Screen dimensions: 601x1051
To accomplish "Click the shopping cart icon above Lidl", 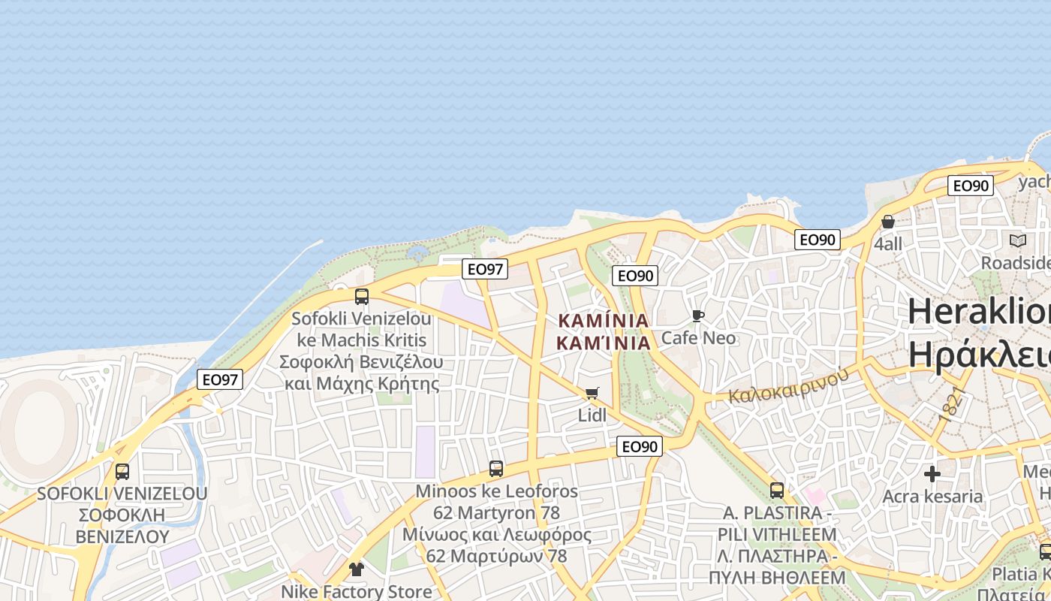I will click(592, 393).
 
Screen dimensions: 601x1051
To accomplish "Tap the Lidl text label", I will click(592, 415).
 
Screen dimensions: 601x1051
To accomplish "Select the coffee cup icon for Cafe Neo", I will click(698, 316).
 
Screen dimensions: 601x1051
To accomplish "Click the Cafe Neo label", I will click(698, 338).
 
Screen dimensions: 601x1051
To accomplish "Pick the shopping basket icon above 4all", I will click(888, 222).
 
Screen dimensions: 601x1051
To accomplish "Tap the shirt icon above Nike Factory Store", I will click(356, 569).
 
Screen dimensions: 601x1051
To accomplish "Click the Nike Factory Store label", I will click(356, 591).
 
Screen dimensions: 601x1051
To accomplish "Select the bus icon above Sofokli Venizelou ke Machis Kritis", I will click(362, 296).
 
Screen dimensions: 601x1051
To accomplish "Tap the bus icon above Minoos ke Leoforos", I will click(495, 469).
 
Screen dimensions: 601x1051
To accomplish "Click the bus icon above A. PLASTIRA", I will click(777, 491).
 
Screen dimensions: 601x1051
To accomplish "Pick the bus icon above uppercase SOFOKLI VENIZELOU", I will click(122, 472).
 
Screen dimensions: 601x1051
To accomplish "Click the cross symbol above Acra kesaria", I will click(932, 474).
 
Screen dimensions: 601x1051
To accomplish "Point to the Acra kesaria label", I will click(932, 497).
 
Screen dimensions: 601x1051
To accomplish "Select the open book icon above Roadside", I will click(1018, 240).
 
